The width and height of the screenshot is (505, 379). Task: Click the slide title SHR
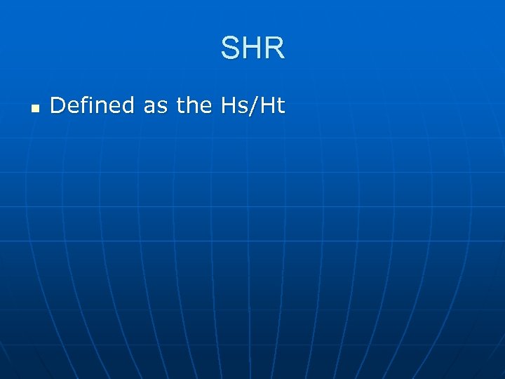pyautogui.click(x=252, y=48)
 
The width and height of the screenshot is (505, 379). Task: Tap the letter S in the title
pyautogui.click(x=230, y=48)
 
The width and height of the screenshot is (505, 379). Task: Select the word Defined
pyautogui.click(x=92, y=106)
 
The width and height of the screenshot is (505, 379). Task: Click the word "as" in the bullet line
pyautogui.click(x=156, y=106)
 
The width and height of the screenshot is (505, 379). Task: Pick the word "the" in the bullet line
pyautogui.click(x=194, y=106)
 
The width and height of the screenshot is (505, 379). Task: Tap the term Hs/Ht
pyautogui.click(x=252, y=106)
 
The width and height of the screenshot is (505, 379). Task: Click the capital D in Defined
pyautogui.click(x=58, y=106)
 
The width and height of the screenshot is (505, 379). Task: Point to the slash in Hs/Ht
pyautogui.click(x=255, y=106)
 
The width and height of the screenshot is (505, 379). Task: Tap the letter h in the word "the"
pyautogui.click(x=193, y=106)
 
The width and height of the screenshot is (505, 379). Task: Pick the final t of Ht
pyautogui.click(x=281, y=106)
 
